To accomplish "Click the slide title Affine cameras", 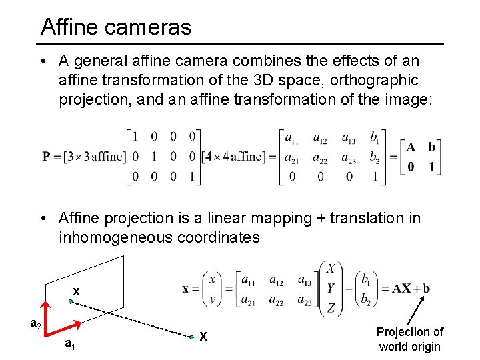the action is (116, 27).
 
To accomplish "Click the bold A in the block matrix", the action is (411, 147).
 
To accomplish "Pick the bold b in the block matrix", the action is (432, 147).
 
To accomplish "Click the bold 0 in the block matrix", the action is (411, 167).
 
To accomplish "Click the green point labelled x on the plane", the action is (71, 301).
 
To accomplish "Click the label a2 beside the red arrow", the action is (37, 324).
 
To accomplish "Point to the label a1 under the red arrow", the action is (69, 344).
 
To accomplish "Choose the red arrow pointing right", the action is (65, 328).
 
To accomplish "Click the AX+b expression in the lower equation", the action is (411, 289).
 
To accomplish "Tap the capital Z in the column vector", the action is (331, 307).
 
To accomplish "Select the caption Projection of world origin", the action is (409, 339).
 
